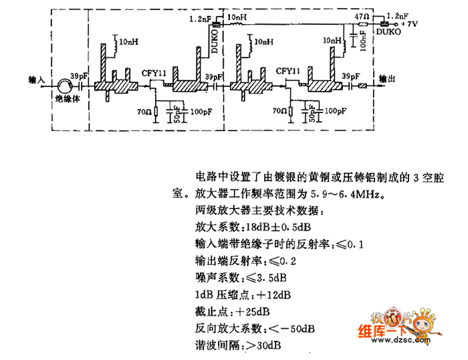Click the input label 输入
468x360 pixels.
pyautogui.click(x=37, y=78)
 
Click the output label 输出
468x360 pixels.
pyautogui.click(x=387, y=78)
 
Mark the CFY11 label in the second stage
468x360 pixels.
pyautogui.click(x=288, y=70)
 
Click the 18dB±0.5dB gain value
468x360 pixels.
pyautogui.click(x=268, y=228)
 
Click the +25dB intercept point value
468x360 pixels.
pyautogui.click(x=251, y=311)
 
